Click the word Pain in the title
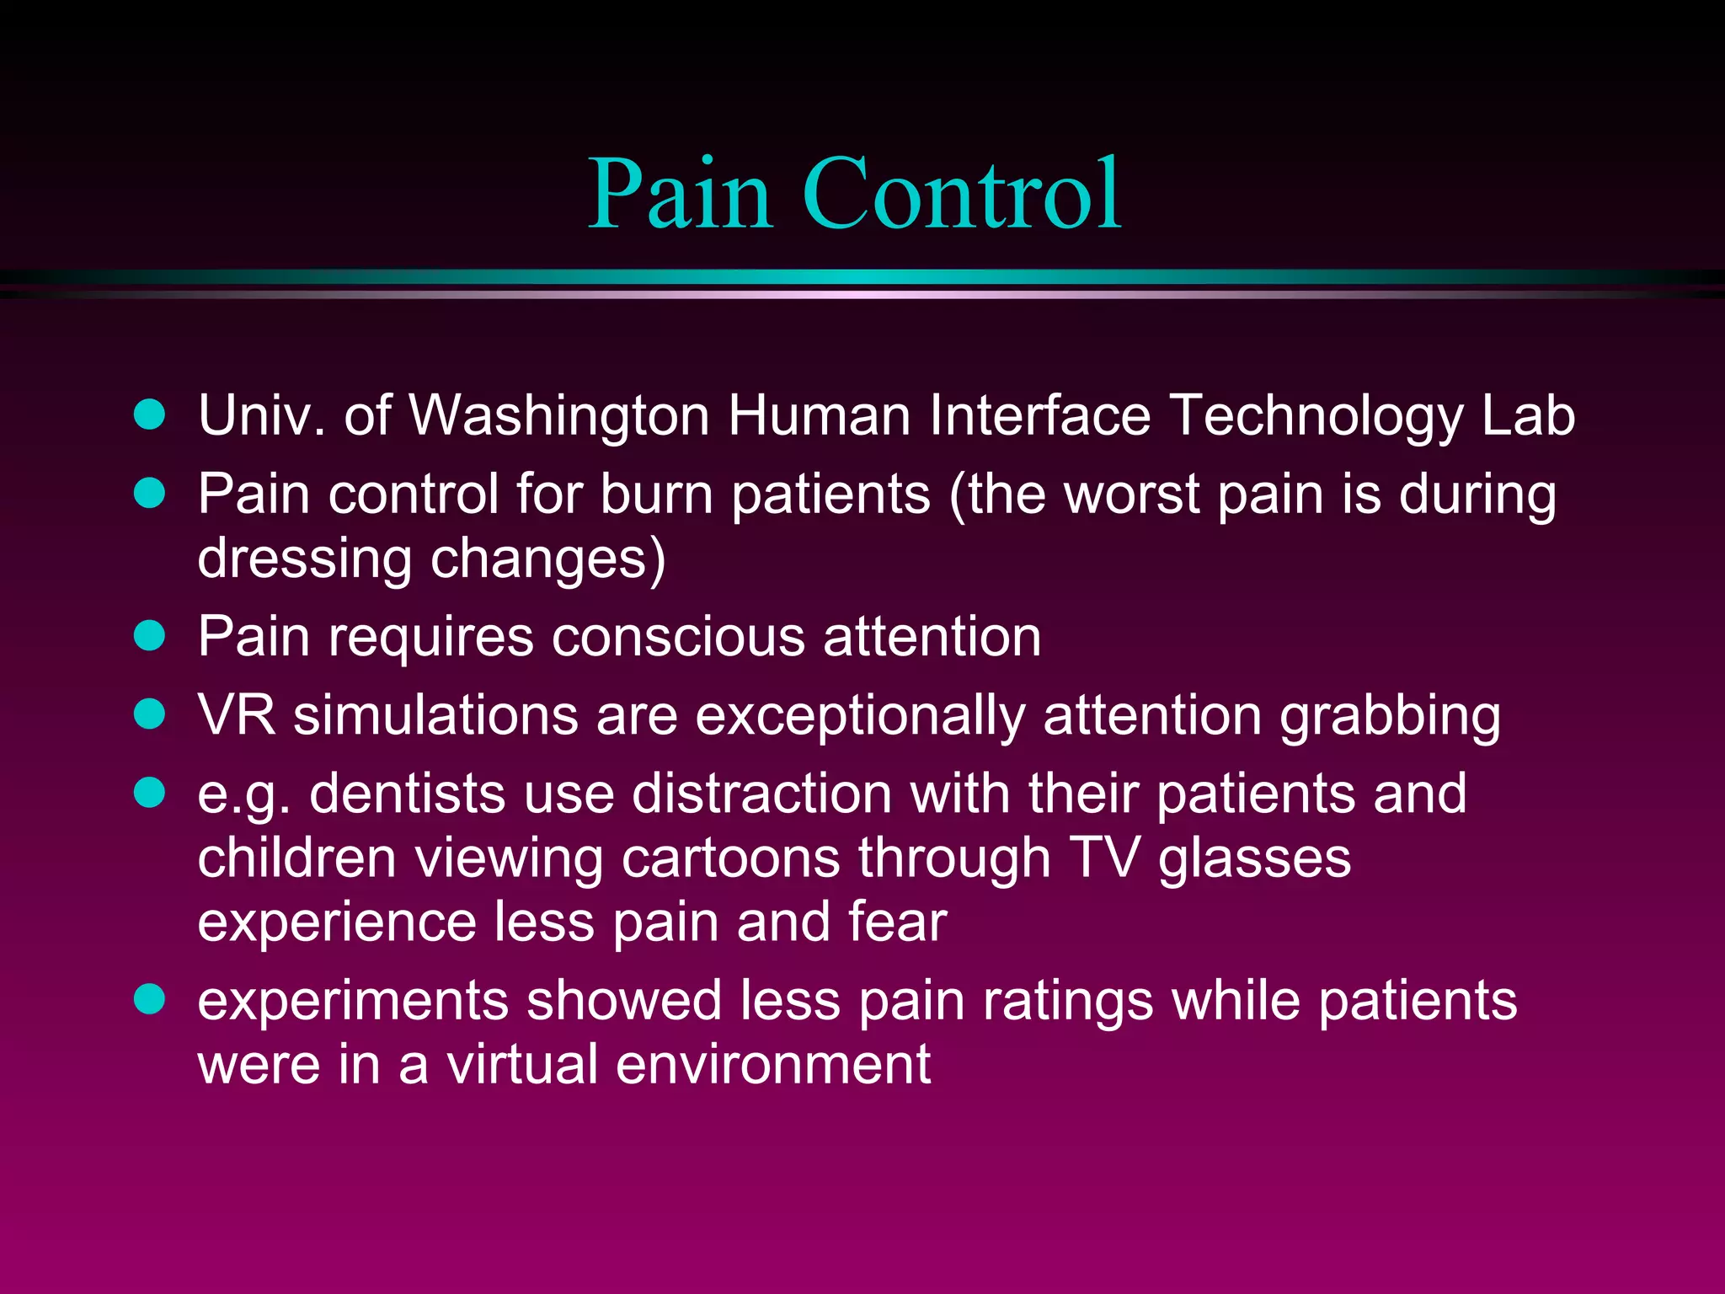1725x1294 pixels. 679,195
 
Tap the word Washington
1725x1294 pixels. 559,416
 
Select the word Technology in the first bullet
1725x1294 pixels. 1316,418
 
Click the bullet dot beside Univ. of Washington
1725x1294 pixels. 150,414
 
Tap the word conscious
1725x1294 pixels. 678,637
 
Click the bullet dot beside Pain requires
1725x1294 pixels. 150,635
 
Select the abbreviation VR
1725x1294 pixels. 237,716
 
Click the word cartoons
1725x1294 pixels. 730,858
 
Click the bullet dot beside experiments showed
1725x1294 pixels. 150,999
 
